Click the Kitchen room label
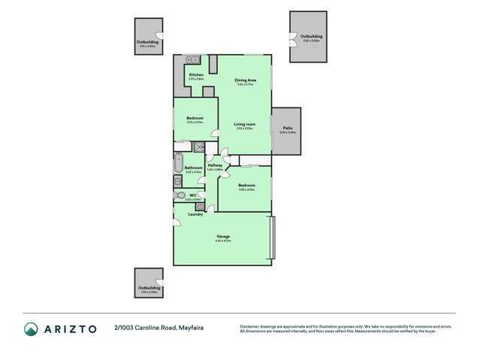point(196,75)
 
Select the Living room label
point(244,124)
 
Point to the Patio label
point(288,129)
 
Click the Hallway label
point(215,165)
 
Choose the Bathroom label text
point(193,168)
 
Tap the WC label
point(193,195)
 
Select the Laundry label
point(196,214)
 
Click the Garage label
point(223,237)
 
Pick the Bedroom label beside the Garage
point(246,185)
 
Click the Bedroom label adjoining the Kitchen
point(195,118)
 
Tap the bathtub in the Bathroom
point(178,162)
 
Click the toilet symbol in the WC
point(180,195)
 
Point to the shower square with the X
point(200,147)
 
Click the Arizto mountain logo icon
point(31,328)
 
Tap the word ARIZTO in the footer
point(69,328)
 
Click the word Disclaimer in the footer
point(252,326)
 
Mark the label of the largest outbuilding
point(311,36)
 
